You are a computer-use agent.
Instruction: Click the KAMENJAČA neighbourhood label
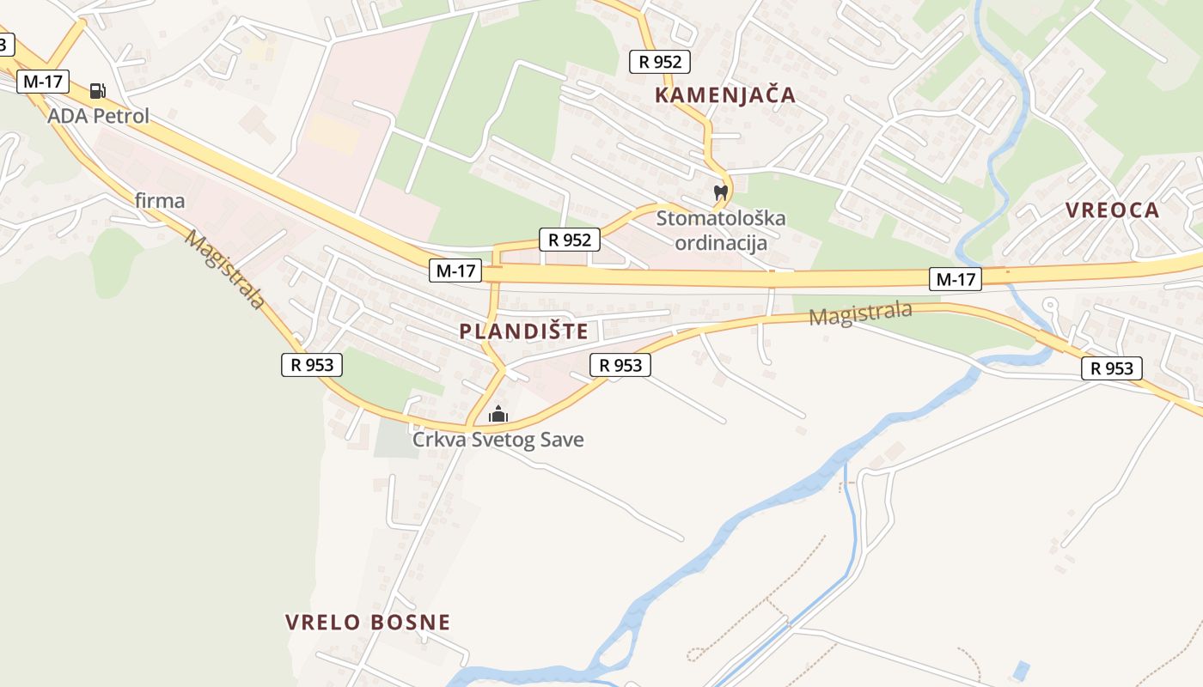point(725,94)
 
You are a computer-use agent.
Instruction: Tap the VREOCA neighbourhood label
point(1112,210)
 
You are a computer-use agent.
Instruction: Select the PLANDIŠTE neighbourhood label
point(523,331)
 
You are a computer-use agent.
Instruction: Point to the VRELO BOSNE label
point(368,622)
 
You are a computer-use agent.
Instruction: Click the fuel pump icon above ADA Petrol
point(98,90)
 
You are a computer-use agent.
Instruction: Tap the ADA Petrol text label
point(98,116)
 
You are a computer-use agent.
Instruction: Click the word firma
point(160,201)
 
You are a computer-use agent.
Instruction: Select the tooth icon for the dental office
point(721,193)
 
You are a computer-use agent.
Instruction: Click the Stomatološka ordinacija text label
point(721,230)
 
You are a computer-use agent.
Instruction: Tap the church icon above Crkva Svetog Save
point(498,415)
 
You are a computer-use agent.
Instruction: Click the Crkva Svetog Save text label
point(498,440)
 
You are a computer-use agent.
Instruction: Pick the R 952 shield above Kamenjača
point(660,61)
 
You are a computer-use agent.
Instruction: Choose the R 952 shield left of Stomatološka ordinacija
point(569,240)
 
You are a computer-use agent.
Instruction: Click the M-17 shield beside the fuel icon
point(43,82)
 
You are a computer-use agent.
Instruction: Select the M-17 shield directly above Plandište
point(455,271)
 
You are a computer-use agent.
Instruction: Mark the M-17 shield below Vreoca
point(955,278)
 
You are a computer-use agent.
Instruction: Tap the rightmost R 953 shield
point(1112,368)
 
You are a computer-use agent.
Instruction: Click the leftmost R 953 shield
point(312,364)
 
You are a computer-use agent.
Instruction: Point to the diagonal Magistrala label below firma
point(223,269)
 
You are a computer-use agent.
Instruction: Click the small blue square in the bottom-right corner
point(1020,669)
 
